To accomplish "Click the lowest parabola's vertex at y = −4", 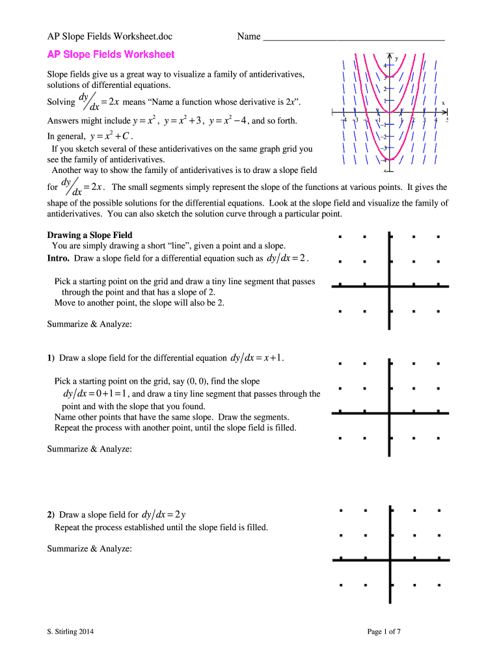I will pos(389,160).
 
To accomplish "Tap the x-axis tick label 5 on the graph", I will pos(448,121).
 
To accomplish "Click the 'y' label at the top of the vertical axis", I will pos(397,59).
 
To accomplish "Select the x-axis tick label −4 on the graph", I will pos(344,121).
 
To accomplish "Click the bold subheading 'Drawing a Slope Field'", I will pos(90,235).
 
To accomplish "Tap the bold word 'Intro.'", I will pos(59,259).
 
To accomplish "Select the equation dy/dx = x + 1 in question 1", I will pos(257,358).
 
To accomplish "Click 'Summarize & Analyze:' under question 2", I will pos(90,548).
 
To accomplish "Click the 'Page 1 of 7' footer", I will pos(384,631).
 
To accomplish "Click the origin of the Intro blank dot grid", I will pos(389,285).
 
